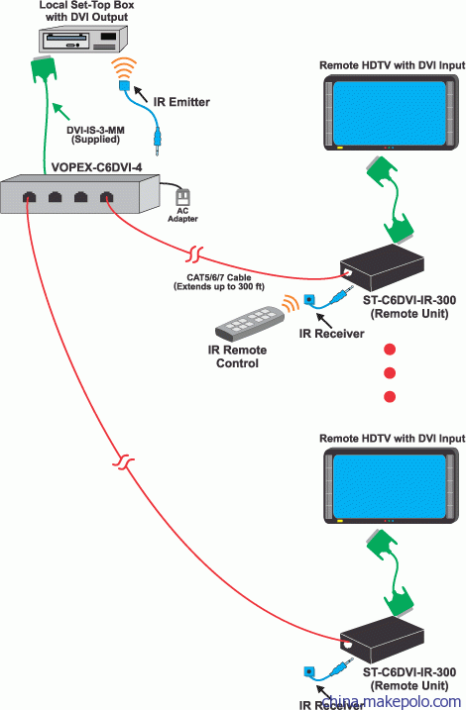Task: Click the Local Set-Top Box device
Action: pyautogui.click(x=82, y=39)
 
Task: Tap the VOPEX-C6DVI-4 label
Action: pyautogui.click(x=96, y=167)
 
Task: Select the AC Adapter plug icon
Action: pyautogui.click(x=182, y=197)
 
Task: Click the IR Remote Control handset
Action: pyautogui.click(x=249, y=323)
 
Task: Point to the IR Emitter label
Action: pyautogui.click(x=181, y=102)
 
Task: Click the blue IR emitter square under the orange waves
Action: pyautogui.click(x=124, y=85)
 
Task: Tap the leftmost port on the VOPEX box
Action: pyautogui.click(x=30, y=197)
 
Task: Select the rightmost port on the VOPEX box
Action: pyautogui.click(x=106, y=197)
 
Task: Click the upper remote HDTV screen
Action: pyautogui.click(x=390, y=113)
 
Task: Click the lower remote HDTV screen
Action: pyautogui.click(x=390, y=487)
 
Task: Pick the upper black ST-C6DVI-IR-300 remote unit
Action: pyautogui.click(x=382, y=268)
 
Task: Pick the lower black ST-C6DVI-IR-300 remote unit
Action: pyautogui.click(x=382, y=641)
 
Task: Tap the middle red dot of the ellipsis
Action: pyautogui.click(x=390, y=372)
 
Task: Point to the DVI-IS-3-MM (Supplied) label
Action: pyautogui.click(x=95, y=135)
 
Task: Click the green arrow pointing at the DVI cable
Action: pyautogui.click(x=61, y=111)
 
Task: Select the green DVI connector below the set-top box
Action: pyautogui.click(x=44, y=69)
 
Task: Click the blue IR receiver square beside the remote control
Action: pyautogui.click(x=309, y=299)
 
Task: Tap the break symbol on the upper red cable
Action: pyautogui.click(x=195, y=254)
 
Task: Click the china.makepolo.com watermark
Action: pyautogui.click(x=392, y=701)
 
